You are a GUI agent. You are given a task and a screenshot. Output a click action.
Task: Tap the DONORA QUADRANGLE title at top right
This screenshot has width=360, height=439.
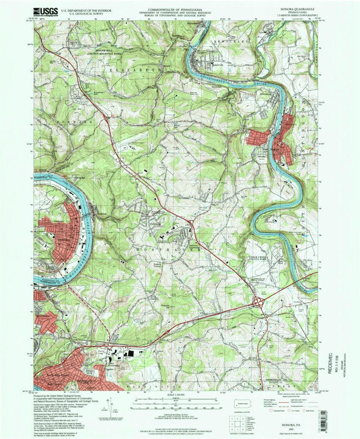[296, 9]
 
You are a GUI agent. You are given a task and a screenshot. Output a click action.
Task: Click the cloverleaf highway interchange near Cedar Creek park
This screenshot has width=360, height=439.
[259, 303]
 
